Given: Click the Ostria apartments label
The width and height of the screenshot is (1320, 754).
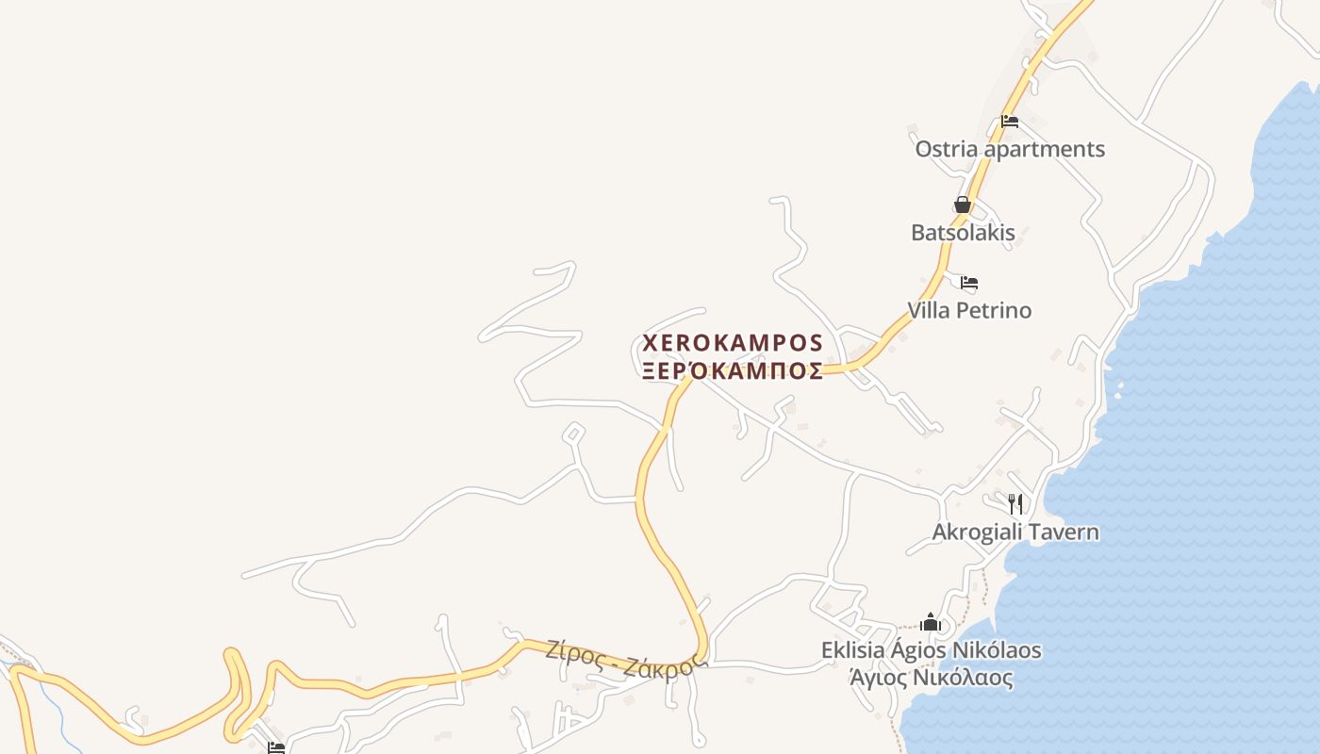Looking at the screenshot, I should pyautogui.click(x=1010, y=149).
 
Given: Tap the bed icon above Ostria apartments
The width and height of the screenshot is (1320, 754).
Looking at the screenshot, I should pyautogui.click(x=1010, y=122).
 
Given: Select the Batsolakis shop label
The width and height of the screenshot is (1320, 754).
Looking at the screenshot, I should pyautogui.click(x=963, y=233).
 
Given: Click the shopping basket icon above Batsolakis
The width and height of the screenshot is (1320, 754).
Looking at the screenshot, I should pyautogui.click(x=963, y=205).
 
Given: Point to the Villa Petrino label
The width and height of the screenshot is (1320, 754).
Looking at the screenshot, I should pyautogui.click(x=969, y=310).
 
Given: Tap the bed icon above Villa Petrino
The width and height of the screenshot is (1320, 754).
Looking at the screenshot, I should pyautogui.click(x=969, y=282).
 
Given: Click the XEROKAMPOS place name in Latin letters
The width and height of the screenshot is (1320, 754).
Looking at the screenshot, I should pyautogui.click(x=733, y=342).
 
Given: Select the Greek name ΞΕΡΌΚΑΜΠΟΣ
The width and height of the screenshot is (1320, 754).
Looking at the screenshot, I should pyautogui.click(x=733, y=371).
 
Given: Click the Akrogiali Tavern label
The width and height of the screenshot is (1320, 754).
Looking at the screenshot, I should pyautogui.click(x=1015, y=532).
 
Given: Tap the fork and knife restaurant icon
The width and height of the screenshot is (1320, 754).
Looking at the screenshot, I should pyautogui.click(x=1015, y=503).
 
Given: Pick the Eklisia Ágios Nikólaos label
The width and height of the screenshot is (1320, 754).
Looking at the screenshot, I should pyautogui.click(x=931, y=650).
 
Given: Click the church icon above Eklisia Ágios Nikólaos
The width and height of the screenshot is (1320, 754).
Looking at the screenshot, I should pyautogui.click(x=931, y=622).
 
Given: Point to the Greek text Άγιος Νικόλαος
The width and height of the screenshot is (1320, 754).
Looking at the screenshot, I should pyautogui.click(x=931, y=678).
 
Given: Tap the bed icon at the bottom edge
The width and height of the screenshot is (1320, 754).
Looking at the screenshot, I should pyautogui.click(x=275, y=747).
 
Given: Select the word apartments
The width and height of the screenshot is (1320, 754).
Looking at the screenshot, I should pyautogui.click(x=1044, y=149).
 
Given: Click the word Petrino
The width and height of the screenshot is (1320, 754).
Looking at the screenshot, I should pyautogui.click(x=995, y=310).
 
